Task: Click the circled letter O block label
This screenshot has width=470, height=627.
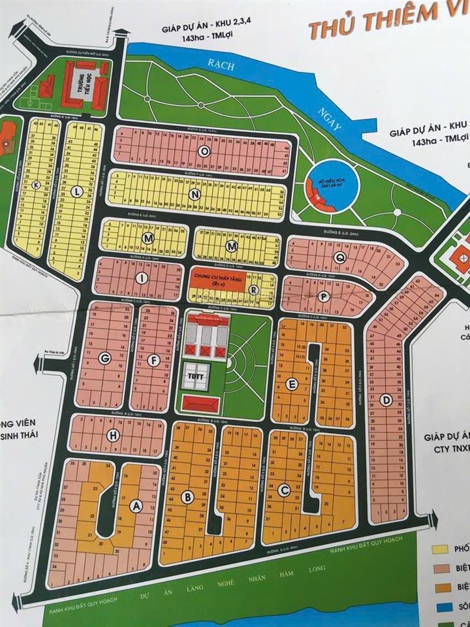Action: [x=204, y=150]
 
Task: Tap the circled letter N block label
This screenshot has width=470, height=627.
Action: [x=195, y=194]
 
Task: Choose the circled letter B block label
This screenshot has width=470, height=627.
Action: [x=188, y=498]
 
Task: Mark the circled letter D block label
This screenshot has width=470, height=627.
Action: [x=386, y=399]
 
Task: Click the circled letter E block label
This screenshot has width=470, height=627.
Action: [x=292, y=383]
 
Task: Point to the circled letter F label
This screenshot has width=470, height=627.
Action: [x=152, y=358]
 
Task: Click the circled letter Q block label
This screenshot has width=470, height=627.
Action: [x=339, y=257]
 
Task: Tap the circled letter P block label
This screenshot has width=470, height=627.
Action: [x=321, y=296]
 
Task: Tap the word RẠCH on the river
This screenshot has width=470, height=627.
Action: [x=215, y=63]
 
